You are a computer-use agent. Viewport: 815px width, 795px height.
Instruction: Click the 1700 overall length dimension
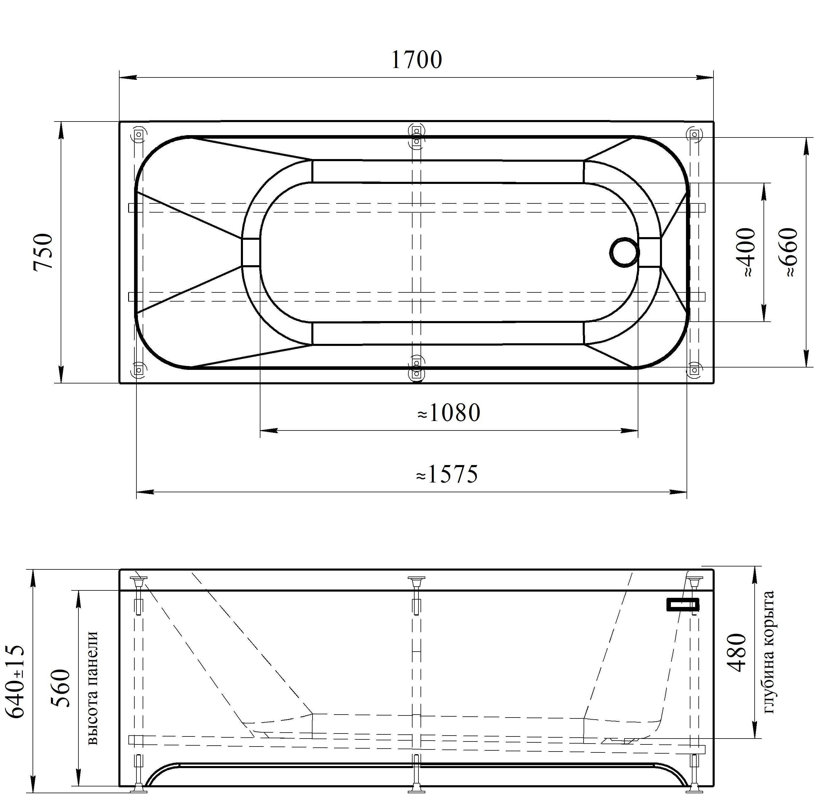[416, 60]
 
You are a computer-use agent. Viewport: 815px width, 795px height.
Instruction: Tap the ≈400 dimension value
[746, 252]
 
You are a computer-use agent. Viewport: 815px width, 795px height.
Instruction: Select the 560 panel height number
[60, 688]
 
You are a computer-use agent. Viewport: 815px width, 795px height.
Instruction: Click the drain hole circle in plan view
[624, 252]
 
